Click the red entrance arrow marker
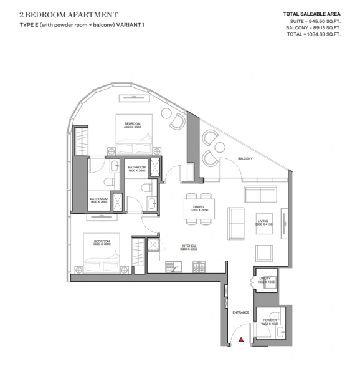click(x=240, y=340)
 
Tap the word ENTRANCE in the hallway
click(x=240, y=312)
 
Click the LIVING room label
click(x=263, y=221)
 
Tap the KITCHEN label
click(x=189, y=246)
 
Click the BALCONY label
click(x=245, y=158)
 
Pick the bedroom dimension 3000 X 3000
click(x=103, y=244)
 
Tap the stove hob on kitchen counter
click(x=200, y=267)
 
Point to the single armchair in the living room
click(x=263, y=252)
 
